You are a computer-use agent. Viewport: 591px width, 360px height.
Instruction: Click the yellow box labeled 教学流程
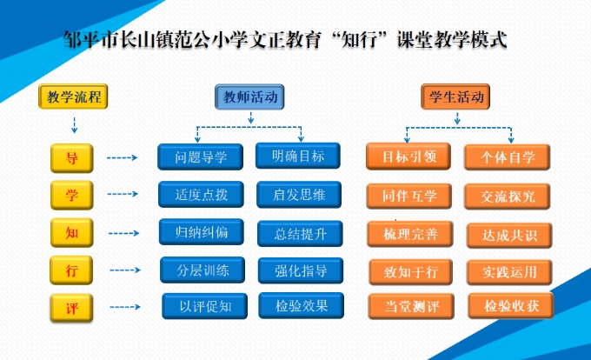[74, 97]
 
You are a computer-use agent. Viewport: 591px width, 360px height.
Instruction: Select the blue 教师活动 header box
[251, 97]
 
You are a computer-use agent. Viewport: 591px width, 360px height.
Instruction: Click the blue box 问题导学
[201, 157]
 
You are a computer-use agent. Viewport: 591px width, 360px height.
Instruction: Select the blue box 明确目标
[298, 157]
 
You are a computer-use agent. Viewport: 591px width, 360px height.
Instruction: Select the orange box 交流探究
[508, 197]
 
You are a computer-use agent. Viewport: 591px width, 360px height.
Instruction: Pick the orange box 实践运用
[509, 271]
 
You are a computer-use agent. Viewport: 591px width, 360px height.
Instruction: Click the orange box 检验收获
[511, 306]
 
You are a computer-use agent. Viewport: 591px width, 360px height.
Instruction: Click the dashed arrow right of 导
[123, 158]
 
